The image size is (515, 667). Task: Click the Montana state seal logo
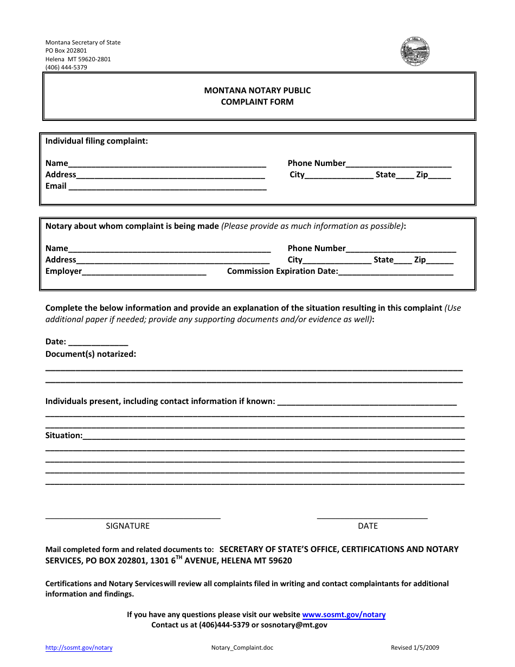(415, 52)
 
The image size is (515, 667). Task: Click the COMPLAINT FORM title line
(257, 102)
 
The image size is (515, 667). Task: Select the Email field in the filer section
(168, 187)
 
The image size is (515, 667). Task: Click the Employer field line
(144, 272)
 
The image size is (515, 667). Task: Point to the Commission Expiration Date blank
(396, 272)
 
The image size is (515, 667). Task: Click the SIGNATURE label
(127, 526)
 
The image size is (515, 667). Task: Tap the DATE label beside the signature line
(368, 526)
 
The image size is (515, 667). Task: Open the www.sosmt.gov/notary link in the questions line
(344, 615)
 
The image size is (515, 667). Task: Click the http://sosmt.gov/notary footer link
(79, 647)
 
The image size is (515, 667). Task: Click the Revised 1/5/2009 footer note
(415, 647)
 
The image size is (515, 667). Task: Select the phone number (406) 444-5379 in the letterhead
(66, 68)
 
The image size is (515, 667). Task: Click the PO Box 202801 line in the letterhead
(66, 50)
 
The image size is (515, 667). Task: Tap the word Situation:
(64, 435)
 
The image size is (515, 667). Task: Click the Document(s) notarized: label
(91, 354)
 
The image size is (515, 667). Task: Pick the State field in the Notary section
(403, 260)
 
